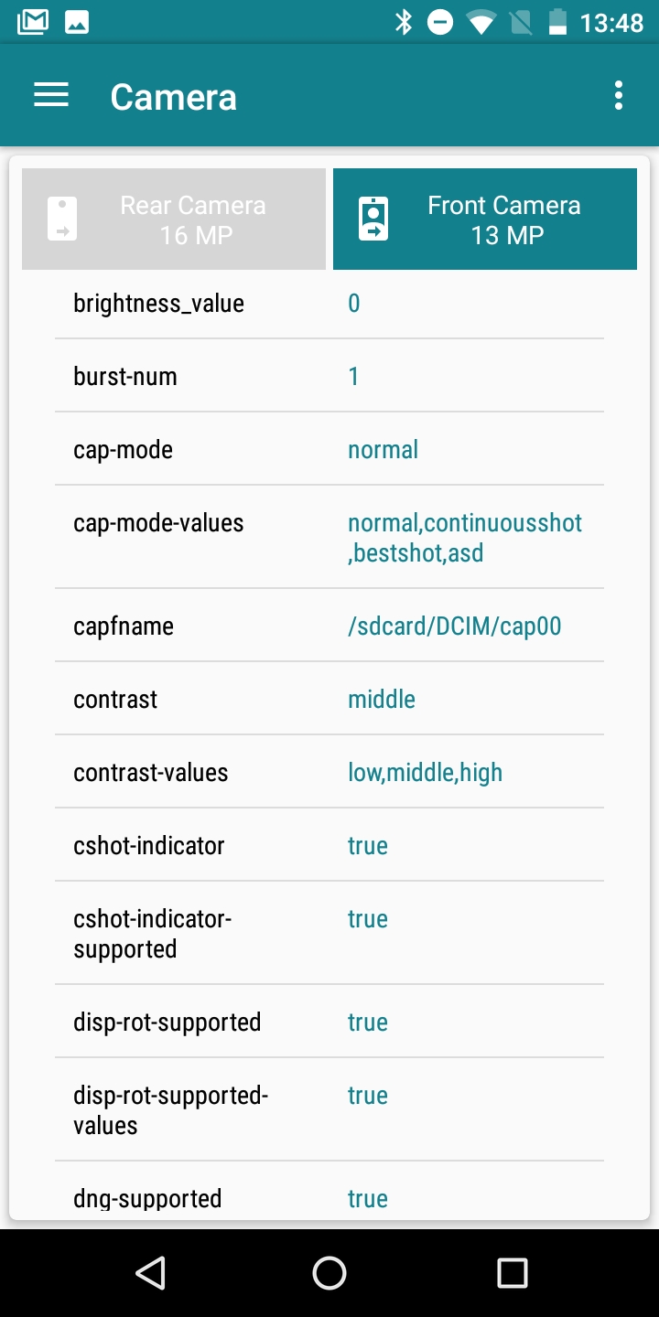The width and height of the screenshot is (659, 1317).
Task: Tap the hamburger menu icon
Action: [x=51, y=95]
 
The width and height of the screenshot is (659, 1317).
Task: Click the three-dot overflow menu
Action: [x=619, y=95]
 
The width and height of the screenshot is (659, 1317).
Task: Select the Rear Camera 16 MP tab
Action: [x=174, y=219]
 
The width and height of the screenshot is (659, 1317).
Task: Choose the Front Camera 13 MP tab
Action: [x=485, y=219]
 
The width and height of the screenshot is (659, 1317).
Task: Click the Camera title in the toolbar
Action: [x=173, y=97]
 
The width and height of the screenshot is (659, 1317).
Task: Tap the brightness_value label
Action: [x=158, y=304]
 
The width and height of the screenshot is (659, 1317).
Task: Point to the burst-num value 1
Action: [x=354, y=377]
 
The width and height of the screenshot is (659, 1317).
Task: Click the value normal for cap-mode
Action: [x=383, y=450]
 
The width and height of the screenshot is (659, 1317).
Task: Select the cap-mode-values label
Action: [x=158, y=523]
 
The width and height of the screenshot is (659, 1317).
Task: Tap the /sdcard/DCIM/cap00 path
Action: [x=454, y=626]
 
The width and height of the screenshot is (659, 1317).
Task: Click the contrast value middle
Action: [x=382, y=700]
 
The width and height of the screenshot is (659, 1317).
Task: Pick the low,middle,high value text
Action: [x=425, y=773]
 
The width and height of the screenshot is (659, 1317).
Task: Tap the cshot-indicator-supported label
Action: [x=152, y=934]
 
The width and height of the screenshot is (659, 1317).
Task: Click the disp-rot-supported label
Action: [x=167, y=1023]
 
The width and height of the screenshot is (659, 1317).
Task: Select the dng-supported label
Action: [x=147, y=1198]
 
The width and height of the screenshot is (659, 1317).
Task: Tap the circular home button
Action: [x=329, y=1272]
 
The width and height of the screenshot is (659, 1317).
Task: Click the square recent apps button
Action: [x=512, y=1272]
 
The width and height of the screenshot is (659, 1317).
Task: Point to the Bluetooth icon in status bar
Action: [x=404, y=22]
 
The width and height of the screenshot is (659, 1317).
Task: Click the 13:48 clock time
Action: [x=611, y=23]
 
